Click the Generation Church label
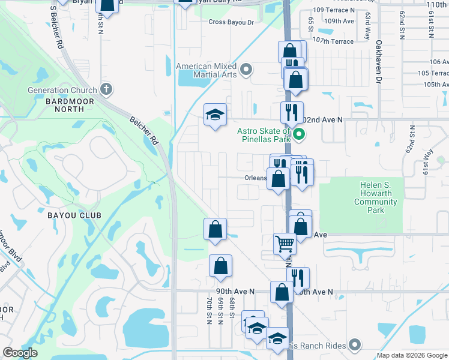coord(62,91)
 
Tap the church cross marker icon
coord(106,90)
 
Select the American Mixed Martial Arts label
coord(206,70)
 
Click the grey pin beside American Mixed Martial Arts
coord(246,70)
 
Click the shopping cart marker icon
coord(285,244)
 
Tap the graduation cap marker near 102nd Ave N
coord(215,115)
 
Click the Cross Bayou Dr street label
coord(231,22)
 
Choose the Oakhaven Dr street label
coord(379,62)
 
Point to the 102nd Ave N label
coord(324,119)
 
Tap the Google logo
coord(20,353)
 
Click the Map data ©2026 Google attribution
coord(411,355)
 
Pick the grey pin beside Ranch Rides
coord(354,344)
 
